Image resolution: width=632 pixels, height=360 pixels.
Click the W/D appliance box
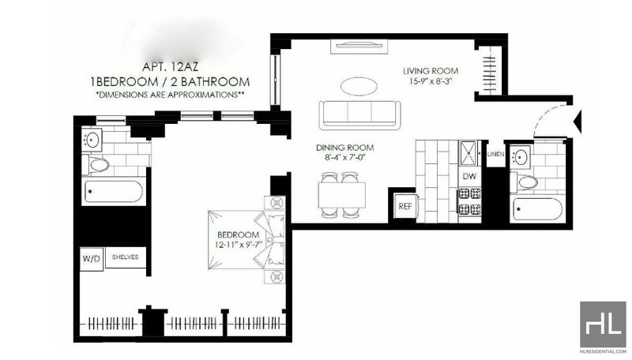[92, 258]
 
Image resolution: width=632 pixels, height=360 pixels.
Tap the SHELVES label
[125, 257]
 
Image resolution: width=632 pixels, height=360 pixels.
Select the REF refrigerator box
[405, 206]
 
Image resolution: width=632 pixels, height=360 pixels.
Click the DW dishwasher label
[469, 176]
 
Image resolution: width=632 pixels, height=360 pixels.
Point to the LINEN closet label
[495, 154]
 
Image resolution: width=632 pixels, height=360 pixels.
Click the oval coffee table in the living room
[359, 86]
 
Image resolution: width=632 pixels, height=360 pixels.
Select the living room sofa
[360, 115]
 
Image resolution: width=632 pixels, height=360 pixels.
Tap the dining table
[342, 195]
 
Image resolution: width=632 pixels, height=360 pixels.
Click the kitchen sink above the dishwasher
[468, 152]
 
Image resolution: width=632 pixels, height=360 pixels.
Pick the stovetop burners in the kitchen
[469, 202]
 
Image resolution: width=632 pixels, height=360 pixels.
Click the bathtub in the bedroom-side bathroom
[113, 192]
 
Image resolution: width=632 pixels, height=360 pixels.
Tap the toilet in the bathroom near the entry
[524, 182]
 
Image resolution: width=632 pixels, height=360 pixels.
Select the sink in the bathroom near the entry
[521, 156]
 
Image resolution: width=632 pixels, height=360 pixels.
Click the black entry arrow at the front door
[577, 121]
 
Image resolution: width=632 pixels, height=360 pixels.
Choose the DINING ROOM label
[344, 148]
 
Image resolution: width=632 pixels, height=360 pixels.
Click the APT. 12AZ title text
[170, 67]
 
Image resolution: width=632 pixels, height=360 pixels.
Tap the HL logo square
[603, 324]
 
